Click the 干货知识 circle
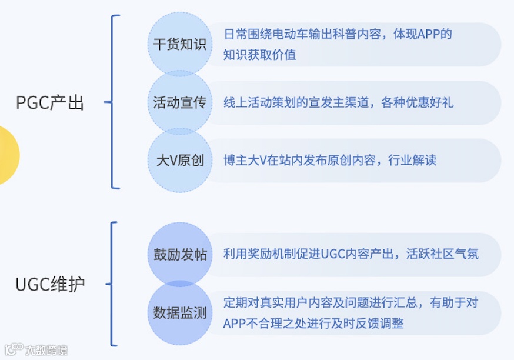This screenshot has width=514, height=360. (x=179, y=45)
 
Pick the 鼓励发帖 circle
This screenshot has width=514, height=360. (x=179, y=254)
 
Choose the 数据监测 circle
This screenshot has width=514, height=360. (x=179, y=312)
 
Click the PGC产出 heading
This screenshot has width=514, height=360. (x=50, y=104)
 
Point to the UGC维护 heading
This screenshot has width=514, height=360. (x=50, y=285)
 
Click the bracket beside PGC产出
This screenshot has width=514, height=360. (x=113, y=102)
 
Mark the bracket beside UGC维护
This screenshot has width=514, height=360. (x=113, y=284)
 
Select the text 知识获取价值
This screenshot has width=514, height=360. (x=259, y=55)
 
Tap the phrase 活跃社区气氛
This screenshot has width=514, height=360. (x=442, y=254)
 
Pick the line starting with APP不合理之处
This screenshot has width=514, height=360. (x=313, y=324)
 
